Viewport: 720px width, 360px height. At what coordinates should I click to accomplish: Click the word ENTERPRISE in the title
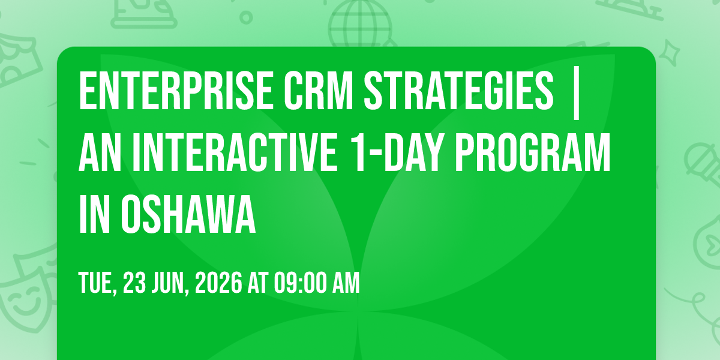tap(176, 91)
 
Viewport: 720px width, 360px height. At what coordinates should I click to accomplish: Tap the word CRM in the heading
tap(318, 91)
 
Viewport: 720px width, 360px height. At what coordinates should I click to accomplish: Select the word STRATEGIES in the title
tap(458, 91)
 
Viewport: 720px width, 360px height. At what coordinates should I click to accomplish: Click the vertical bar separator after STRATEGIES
tap(576, 93)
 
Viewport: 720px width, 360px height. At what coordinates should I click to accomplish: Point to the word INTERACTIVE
tap(235, 152)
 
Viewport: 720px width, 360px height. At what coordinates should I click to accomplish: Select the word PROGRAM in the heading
tap(533, 152)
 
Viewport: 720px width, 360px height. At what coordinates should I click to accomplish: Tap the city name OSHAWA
tap(188, 214)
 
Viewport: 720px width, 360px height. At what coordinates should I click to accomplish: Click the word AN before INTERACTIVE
tap(100, 152)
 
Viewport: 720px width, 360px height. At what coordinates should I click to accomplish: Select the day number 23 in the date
tap(134, 283)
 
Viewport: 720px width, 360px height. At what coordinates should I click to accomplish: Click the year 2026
tap(218, 283)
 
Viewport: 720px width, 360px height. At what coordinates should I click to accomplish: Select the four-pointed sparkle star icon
tap(669, 53)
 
